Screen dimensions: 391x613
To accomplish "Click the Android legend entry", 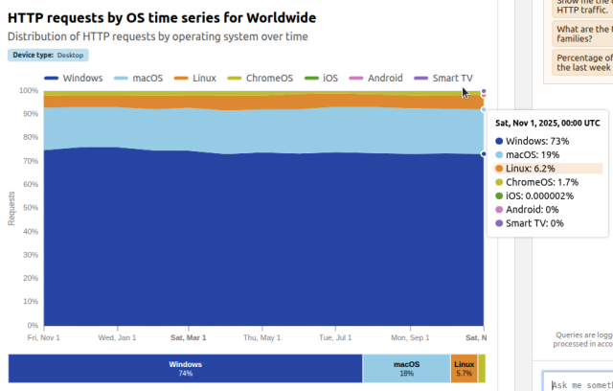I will tap(377, 78).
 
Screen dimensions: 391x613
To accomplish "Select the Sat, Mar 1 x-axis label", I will tap(188, 337).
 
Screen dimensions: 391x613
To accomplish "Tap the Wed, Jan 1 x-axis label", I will tap(117, 337).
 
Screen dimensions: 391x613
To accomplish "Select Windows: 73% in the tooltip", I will tap(543, 141).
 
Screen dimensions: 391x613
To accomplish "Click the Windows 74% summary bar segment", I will tap(186, 368).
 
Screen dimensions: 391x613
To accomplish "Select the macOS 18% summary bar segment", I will tap(406, 368).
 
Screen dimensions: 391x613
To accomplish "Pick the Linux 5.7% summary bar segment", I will tap(464, 368).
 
